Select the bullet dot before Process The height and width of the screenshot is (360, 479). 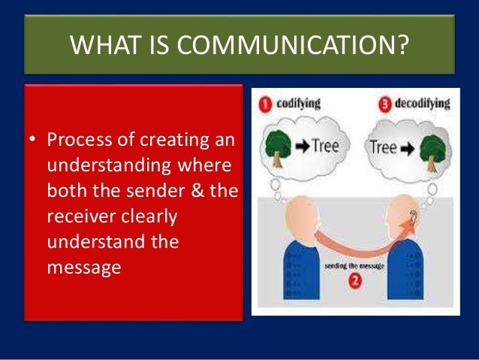tap(34, 140)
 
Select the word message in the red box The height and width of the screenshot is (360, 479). tap(83, 267)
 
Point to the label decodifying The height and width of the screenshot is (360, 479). tap(423, 104)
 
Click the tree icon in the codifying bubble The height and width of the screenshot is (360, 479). tap(279, 148)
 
